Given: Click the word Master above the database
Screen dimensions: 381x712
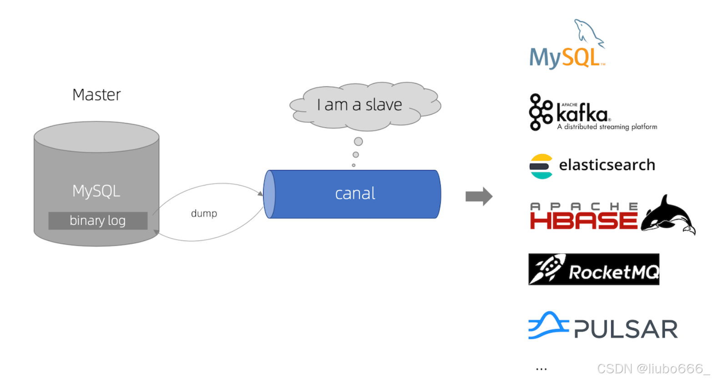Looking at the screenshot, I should [96, 95].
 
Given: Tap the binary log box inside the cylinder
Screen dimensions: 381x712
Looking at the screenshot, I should [98, 221].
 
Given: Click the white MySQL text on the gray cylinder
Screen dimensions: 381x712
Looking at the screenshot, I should [96, 191].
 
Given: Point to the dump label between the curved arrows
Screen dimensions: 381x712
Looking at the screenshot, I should [204, 213].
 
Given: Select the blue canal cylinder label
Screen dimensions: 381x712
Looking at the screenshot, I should [355, 194].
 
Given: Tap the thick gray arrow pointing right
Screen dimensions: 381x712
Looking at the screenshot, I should [479, 196].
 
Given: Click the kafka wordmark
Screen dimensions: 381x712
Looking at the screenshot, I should [582, 114].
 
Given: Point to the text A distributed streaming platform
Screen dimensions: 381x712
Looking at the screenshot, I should [607, 127].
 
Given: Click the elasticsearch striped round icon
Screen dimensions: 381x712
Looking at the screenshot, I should [541, 166].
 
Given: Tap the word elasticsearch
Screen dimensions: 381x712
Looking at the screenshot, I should [607, 165].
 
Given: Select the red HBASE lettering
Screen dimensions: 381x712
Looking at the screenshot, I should [584, 221].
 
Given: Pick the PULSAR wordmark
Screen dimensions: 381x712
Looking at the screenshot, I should [626, 329].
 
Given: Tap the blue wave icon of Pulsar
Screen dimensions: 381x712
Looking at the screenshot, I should [548, 326].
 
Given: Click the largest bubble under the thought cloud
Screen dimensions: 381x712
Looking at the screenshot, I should [358, 141].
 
